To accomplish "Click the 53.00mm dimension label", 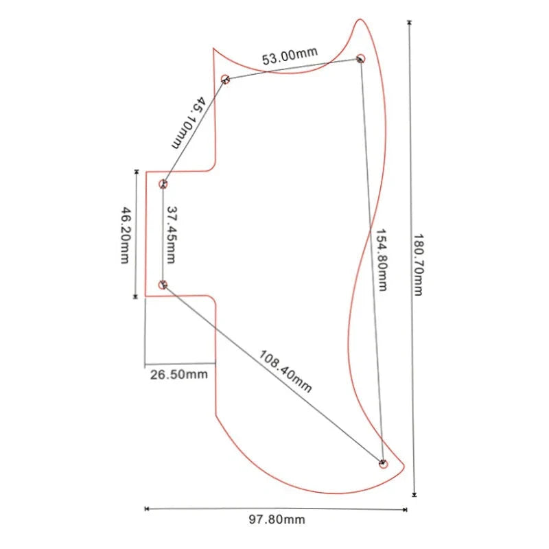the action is coord(290,56).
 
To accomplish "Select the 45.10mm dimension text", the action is coord(189,123).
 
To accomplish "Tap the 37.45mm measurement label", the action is coord(171,235).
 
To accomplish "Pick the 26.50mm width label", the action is coord(179,374).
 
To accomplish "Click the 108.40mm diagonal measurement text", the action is coord(285,371).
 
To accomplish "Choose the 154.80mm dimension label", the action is coord(382,260).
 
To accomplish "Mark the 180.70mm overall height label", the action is coord(419,265).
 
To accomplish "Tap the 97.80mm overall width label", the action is coord(277,519).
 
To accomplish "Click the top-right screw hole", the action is coord(361,58).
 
